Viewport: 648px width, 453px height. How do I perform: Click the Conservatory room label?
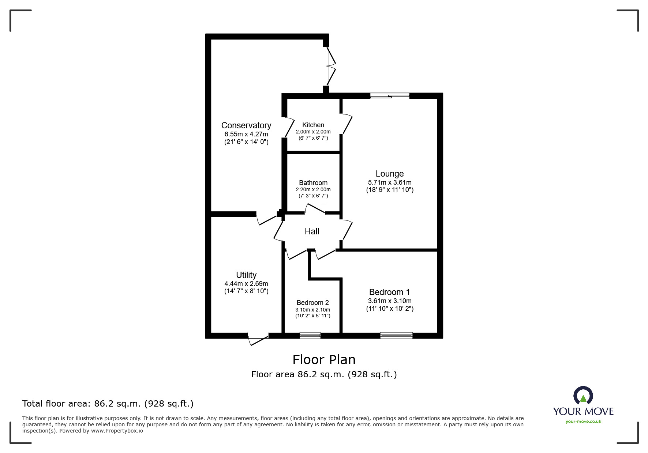(246, 126)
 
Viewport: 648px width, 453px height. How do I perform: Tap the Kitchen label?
(313, 125)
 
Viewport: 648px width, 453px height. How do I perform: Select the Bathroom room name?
(313, 183)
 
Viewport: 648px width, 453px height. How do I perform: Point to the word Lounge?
(390, 174)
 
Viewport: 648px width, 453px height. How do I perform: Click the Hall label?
(312, 231)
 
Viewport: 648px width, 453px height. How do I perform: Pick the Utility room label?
(246, 275)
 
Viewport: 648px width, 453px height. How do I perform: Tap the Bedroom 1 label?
(390, 292)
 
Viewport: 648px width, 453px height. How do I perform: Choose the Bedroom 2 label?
(313, 303)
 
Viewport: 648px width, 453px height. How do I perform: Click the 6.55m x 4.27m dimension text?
(246, 134)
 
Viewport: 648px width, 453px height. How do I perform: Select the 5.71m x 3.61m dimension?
(390, 182)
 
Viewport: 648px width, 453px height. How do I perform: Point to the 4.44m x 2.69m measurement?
(246, 284)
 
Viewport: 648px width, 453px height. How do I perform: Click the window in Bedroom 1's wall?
(396, 336)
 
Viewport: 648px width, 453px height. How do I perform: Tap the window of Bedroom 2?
(310, 336)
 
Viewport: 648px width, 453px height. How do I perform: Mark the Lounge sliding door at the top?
(390, 96)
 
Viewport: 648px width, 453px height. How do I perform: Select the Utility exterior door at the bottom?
(258, 339)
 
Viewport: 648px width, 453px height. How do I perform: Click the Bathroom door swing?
(315, 209)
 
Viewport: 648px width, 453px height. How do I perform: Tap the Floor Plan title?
(324, 360)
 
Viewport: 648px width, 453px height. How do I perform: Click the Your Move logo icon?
(583, 396)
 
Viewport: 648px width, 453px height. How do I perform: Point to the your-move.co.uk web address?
(583, 422)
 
